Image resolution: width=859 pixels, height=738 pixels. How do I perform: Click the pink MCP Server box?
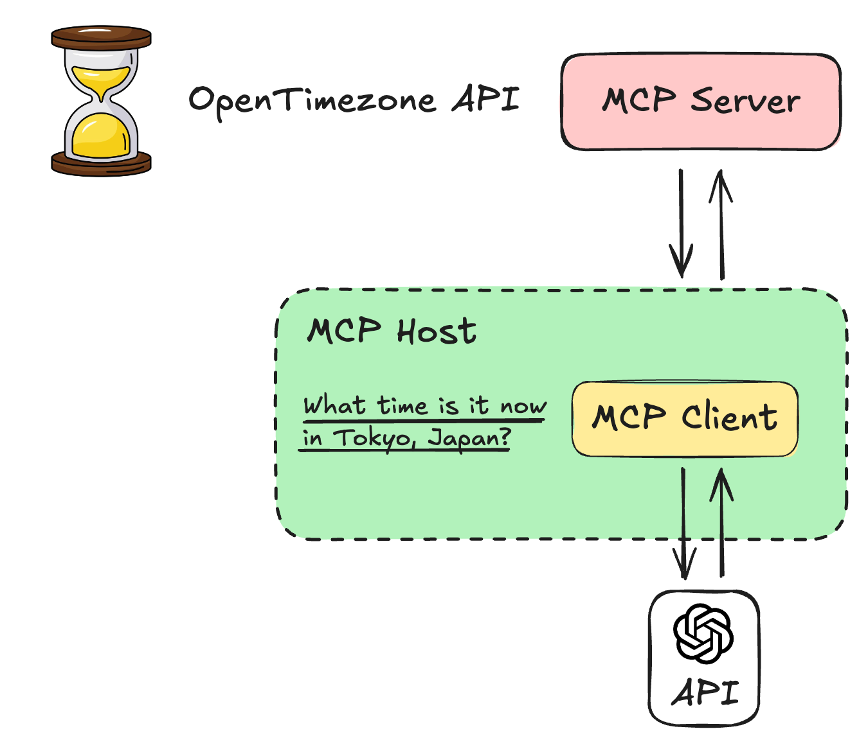701,101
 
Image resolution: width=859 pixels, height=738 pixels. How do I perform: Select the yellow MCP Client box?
685,419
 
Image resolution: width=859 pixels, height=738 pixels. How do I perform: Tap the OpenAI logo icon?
703,633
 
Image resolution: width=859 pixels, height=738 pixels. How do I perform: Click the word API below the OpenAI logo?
705,692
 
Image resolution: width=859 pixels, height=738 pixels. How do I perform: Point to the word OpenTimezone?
312,101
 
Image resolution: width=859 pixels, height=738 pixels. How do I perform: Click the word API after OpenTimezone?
485,99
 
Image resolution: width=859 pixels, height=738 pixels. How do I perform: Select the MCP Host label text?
392,331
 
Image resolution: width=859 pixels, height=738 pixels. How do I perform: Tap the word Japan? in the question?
470,439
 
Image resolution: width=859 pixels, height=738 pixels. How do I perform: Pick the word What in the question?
334,406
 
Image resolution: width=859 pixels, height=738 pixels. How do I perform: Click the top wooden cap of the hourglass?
101,37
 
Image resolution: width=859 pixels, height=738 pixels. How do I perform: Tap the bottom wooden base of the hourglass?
101,163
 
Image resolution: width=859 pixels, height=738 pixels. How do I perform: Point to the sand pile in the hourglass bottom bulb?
101,136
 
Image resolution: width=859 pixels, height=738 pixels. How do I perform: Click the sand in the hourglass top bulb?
101,78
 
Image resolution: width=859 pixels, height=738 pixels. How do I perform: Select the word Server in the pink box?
745,101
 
